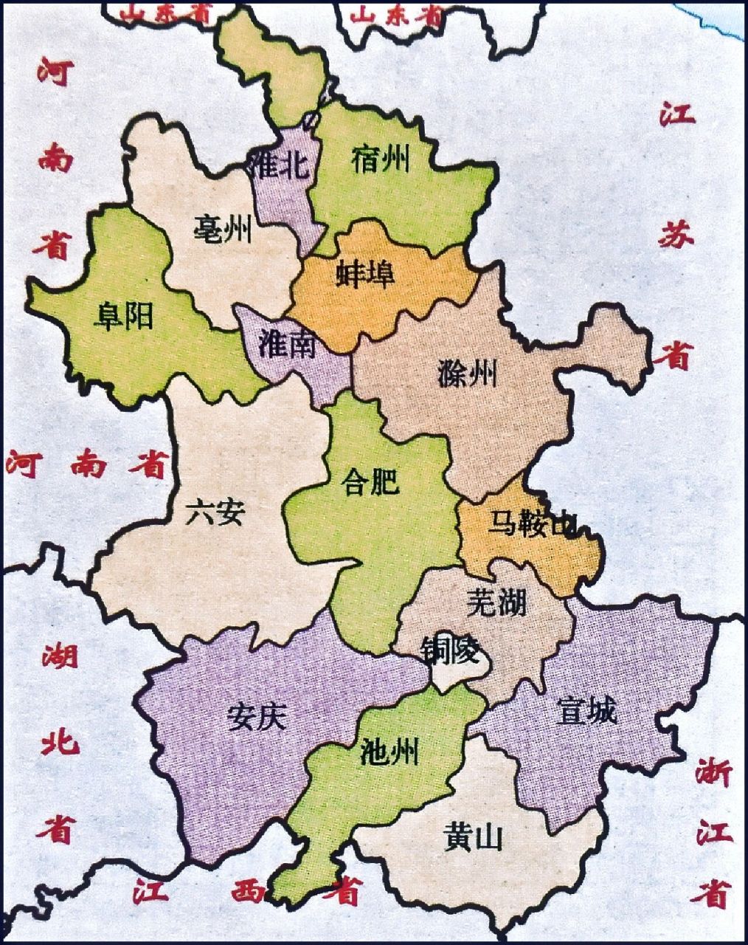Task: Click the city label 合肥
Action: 371,483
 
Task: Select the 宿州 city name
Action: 381,158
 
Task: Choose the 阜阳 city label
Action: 123,317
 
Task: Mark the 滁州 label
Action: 467,374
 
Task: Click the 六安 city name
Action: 214,511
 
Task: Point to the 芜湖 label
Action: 496,603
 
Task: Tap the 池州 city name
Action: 390,752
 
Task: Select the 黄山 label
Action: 473,838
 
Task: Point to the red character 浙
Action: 713,775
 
